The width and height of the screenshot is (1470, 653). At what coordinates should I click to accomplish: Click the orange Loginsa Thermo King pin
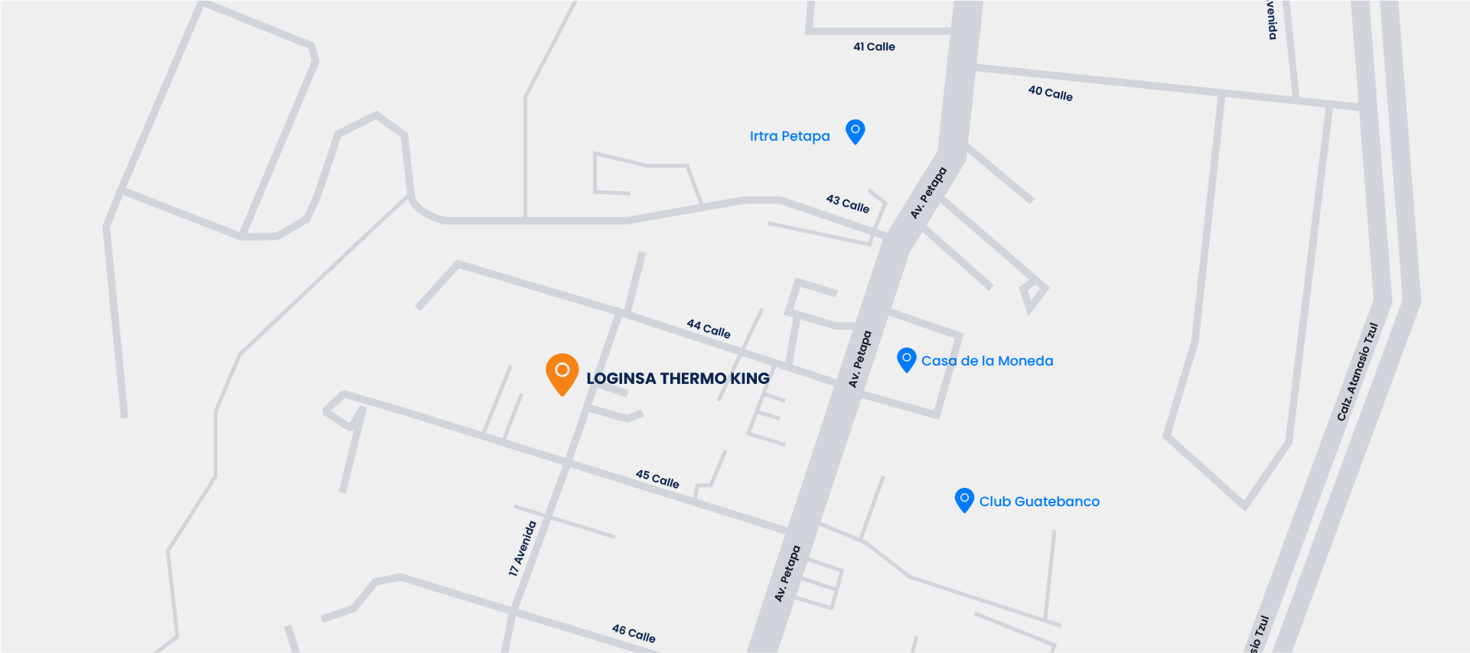pos(562,372)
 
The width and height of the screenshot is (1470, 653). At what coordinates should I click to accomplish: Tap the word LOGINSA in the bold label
pos(621,378)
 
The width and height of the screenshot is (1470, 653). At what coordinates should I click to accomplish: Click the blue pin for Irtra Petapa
pos(855,131)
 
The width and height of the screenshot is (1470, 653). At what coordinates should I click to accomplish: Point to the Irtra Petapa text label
pos(789,136)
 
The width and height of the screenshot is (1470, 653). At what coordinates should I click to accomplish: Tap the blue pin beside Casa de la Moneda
pos(906,359)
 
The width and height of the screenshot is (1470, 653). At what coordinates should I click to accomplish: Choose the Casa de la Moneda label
pos(987,361)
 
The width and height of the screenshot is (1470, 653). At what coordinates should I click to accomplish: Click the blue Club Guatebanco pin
pos(964,499)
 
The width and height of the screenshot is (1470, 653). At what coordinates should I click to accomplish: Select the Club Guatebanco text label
pos(1039,502)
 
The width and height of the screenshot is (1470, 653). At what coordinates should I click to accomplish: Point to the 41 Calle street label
pos(874,47)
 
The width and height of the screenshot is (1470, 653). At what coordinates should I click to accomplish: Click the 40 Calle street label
pos(1050,93)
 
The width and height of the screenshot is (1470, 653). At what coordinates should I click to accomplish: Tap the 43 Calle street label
pos(847,203)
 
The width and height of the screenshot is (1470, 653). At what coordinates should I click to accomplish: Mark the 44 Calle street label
pos(708,329)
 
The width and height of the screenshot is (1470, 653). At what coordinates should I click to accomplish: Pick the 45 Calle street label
pos(657,479)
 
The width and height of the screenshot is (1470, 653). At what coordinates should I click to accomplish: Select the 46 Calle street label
pos(633,633)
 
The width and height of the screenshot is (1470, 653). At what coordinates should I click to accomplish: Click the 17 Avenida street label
pos(523,548)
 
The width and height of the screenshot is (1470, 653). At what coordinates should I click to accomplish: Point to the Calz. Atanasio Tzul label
pos(1357,372)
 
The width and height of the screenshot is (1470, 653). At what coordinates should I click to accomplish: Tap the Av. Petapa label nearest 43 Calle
pos(928,193)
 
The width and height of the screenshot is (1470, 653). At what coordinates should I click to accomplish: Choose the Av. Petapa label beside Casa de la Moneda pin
pos(859,359)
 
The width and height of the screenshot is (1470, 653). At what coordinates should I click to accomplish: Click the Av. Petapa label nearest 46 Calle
pos(787,573)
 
